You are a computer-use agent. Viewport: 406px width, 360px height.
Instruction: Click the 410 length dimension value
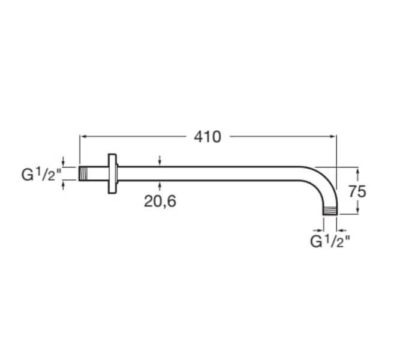coord(207,137)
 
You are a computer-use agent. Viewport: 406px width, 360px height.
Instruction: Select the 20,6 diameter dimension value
coord(160,201)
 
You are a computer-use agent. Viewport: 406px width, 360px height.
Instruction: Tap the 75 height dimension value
coord(357,191)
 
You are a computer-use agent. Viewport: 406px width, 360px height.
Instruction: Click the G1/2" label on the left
coord(42,174)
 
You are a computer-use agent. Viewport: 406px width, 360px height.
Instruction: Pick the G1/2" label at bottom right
coord(330,241)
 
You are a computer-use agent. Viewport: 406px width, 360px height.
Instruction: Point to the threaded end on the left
coord(83,173)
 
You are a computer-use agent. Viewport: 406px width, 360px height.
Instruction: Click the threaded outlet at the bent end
coord(330,211)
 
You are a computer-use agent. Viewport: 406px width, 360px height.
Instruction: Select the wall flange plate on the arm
coord(112,173)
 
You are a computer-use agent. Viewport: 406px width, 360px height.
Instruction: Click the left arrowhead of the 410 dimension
coord(83,136)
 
